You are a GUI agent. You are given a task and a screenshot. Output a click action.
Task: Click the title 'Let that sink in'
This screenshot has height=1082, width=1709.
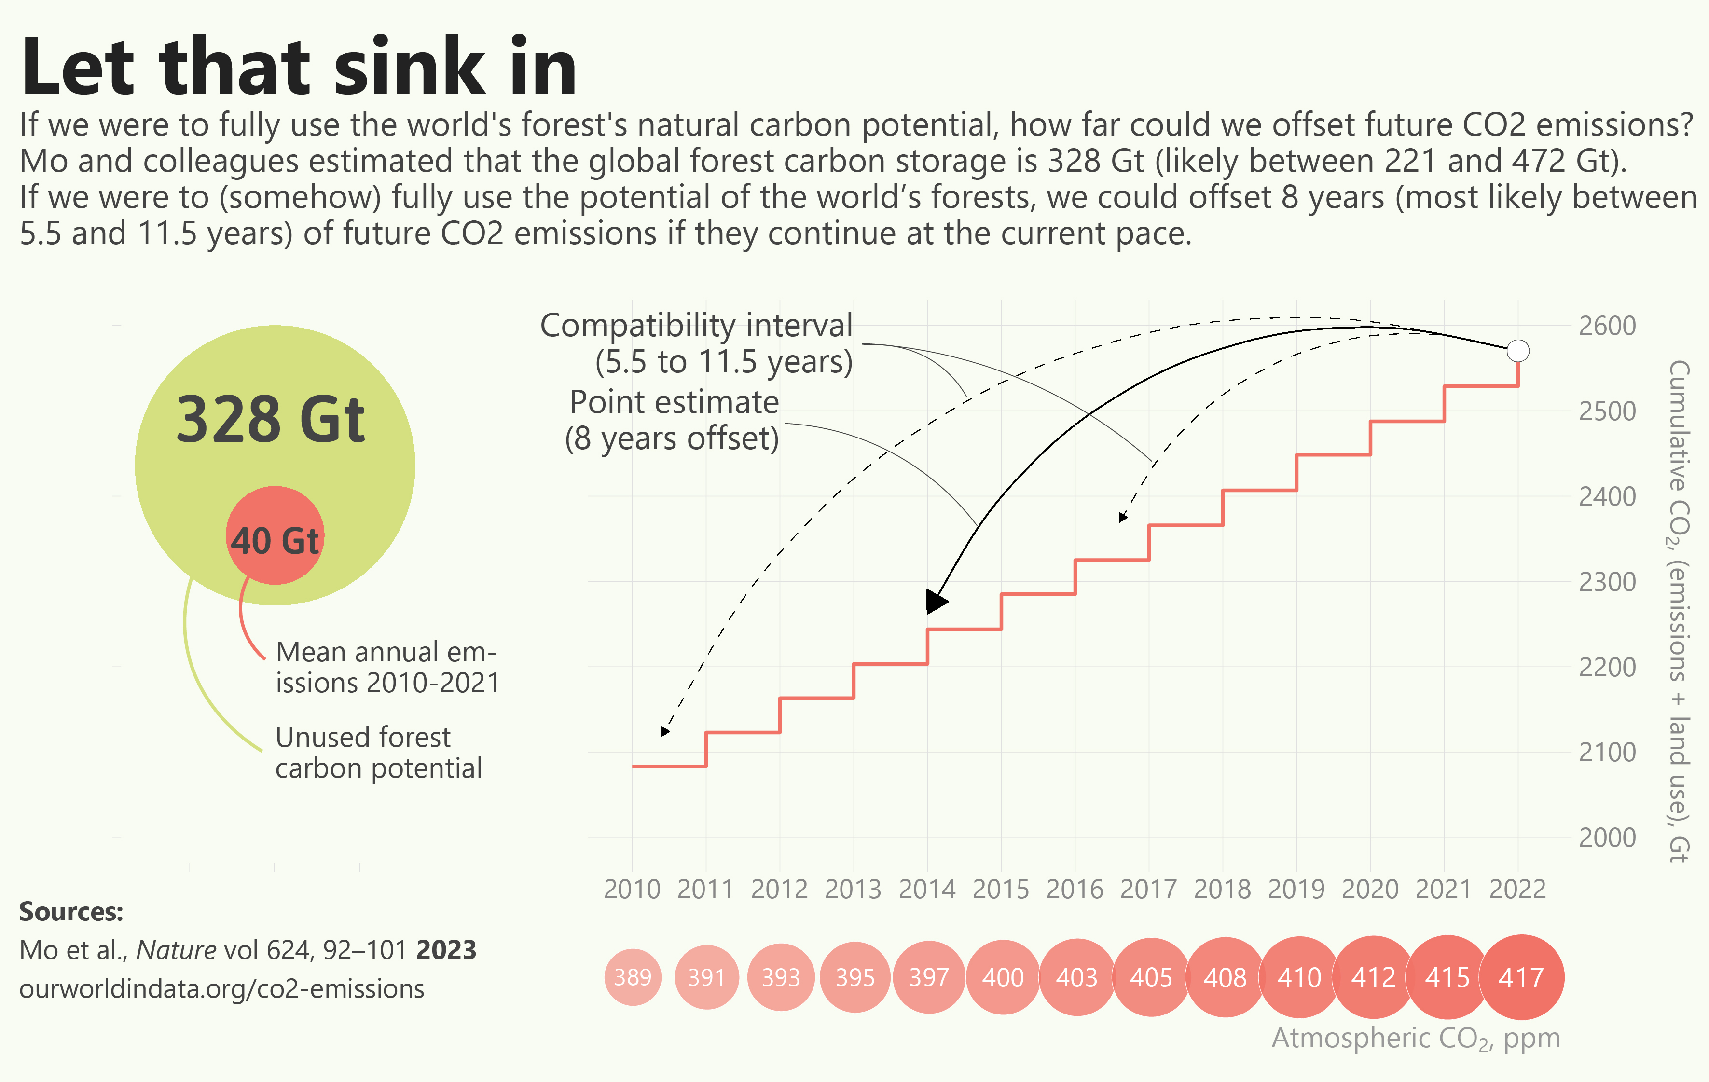point(298,68)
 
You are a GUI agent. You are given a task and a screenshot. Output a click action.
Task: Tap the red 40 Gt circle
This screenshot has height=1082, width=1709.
point(275,535)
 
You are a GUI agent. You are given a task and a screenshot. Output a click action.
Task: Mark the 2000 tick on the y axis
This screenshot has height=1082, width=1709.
point(1607,838)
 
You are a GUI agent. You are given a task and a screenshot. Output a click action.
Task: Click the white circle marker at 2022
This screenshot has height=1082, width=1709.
point(1517,351)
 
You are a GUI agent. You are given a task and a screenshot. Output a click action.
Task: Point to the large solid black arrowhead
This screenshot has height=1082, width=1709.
point(936,602)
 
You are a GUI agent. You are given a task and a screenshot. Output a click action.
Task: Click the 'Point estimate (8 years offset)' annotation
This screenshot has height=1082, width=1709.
point(673,420)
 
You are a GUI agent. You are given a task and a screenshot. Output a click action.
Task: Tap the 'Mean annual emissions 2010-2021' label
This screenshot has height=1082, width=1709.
point(387,667)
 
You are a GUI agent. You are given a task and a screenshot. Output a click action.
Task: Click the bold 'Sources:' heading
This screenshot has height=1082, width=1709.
point(71,912)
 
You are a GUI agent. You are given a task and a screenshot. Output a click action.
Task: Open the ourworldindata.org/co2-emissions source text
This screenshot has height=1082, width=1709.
point(221,989)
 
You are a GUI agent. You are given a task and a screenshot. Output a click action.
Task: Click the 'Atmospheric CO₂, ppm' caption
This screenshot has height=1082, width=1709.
point(1415,1038)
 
